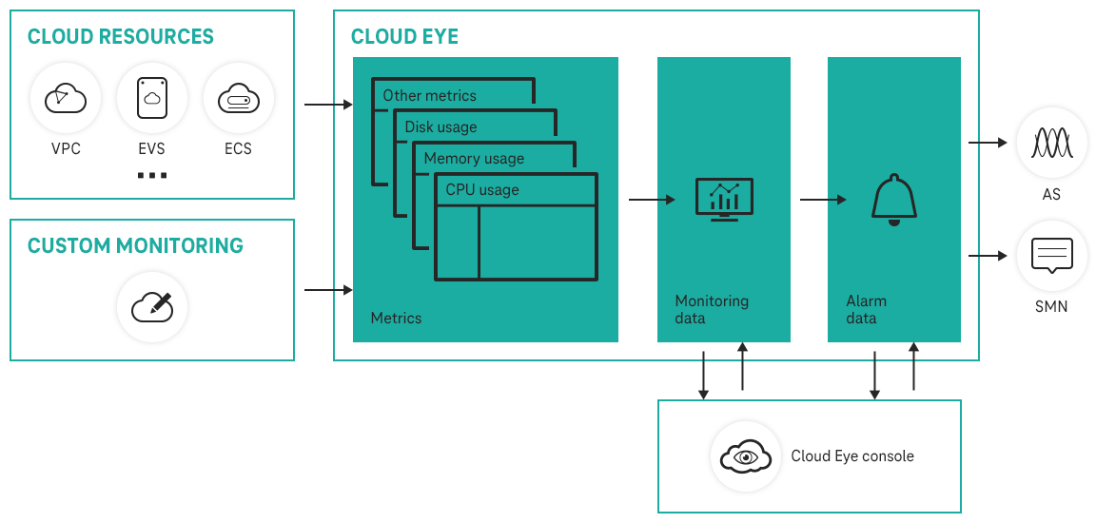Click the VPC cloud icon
tap(66, 98)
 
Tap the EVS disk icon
tap(152, 98)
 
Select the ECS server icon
tap(238, 98)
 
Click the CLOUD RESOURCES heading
tap(121, 37)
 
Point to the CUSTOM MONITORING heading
tap(135, 245)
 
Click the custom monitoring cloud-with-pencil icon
tap(152, 306)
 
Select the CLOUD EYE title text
tap(404, 37)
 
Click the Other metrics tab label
tap(429, 95)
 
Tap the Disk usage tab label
tap(440, 126)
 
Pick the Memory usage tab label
tap(474, 158)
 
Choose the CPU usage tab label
tap(482, 189)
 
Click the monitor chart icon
tap(724, 199)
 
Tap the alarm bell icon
tap(893, 200)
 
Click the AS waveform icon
tap(1051, 144)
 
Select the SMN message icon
tap(1051, 256)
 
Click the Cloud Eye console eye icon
tap(746, 456)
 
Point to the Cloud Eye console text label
tap(852, 456)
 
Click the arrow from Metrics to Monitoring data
tap(652, 200)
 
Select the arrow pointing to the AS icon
tap(988, 143)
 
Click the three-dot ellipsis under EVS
tap(152, 176)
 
